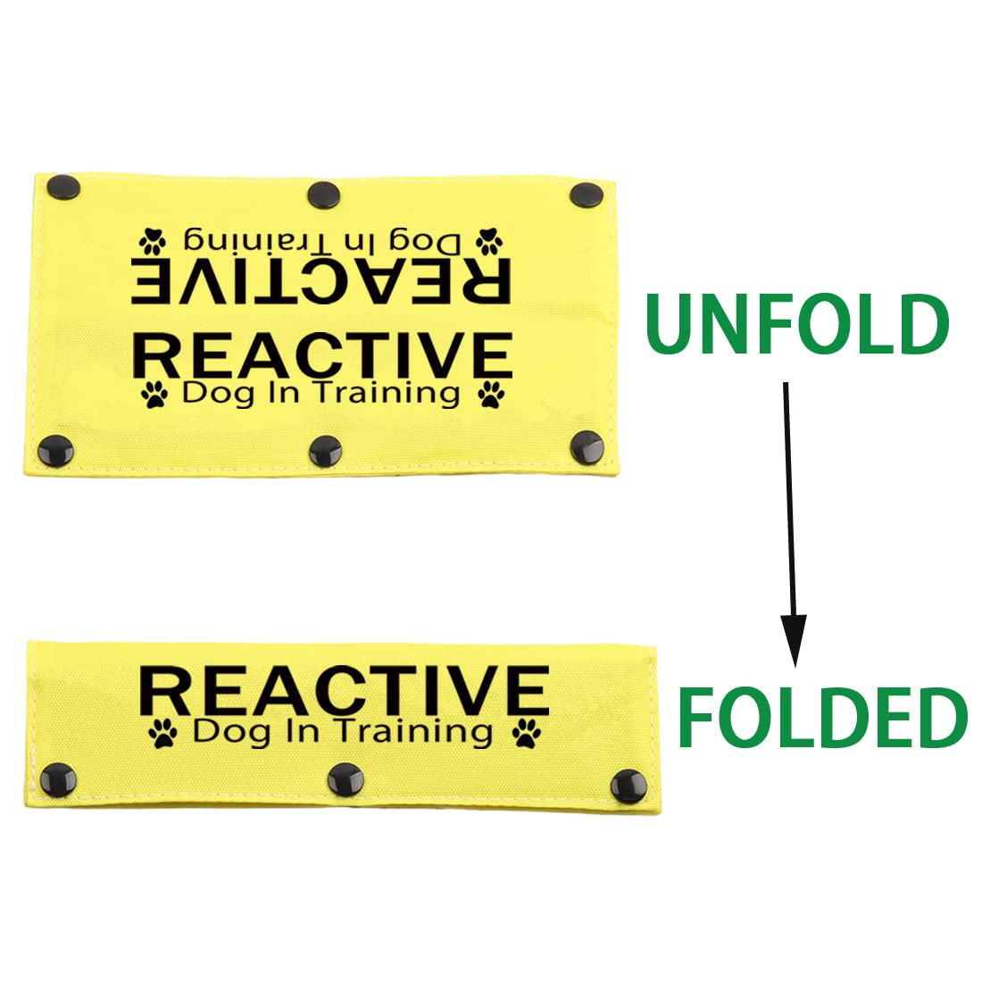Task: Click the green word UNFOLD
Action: [x=796, y=325]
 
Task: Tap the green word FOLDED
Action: [x=824, y=718]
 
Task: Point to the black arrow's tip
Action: [x=795, y=667]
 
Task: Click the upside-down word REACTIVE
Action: [x=320, y=280]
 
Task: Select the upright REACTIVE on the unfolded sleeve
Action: [x=322, y=355]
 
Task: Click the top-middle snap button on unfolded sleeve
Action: [x=324, y=195]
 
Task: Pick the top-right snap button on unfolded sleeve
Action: [x=587, y=196]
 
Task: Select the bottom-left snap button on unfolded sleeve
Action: [x=56, y=451]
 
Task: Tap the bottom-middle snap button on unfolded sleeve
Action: [x=326, y=451]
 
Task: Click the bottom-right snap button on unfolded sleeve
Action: [x=587, y=447]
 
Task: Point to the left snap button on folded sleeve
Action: [x=58, y=780]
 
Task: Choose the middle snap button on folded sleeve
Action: [x=346, y=780]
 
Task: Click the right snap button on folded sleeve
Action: [x=628, y=786]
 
